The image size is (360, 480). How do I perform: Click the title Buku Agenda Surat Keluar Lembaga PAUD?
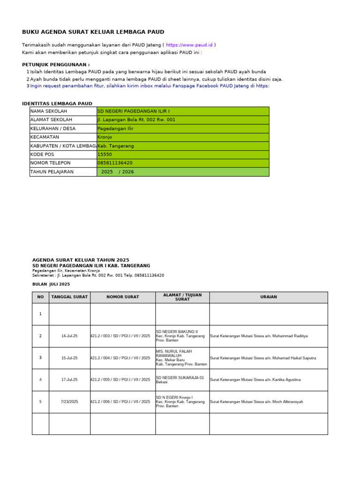[93, 32]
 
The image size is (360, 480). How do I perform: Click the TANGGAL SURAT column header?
[69, 297]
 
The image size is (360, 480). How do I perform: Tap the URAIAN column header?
[268, 297]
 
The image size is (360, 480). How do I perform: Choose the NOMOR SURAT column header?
[122, 297]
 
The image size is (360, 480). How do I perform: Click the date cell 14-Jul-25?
[69, 336]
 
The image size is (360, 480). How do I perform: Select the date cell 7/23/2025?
[69, 402]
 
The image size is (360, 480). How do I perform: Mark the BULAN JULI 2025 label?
[51, 284]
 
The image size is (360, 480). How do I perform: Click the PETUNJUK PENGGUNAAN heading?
[56, 65]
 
